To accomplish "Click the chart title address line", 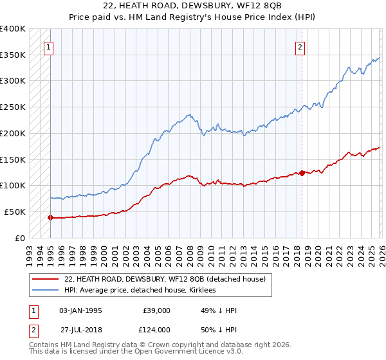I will click(192, 6).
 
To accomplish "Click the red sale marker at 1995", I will click(50, 217).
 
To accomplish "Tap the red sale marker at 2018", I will click(302, 172).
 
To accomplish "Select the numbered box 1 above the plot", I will click(50, 46).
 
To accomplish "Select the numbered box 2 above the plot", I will click(300, 46).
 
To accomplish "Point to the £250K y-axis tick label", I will click(13, 107).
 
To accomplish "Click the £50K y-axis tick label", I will click(15, 212).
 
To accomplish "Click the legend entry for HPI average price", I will click(143, 291).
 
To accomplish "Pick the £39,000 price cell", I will click(157, 310).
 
